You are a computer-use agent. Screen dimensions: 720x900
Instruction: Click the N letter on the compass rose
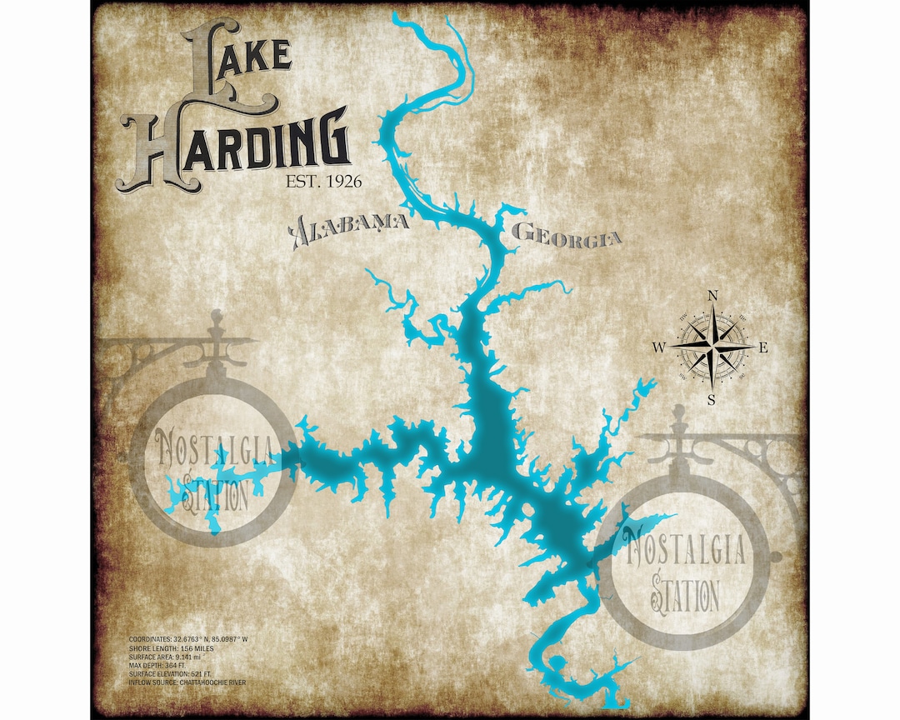click(x=712, y=295)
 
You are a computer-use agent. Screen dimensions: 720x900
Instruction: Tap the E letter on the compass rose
click(x=765, y=348)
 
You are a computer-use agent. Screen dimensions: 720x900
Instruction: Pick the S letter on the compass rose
click(x=711, y=400)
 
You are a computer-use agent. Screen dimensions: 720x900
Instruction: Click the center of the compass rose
click(x=711, y=347)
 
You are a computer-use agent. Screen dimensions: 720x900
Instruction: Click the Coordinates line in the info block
click(x=188, y=638)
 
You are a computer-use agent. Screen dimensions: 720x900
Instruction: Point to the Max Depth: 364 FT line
click(x=157, y=665)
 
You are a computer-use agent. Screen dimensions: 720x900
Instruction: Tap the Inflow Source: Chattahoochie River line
click(x=187, y=682)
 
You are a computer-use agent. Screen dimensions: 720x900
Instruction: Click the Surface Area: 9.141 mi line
click(x=164, y=656)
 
